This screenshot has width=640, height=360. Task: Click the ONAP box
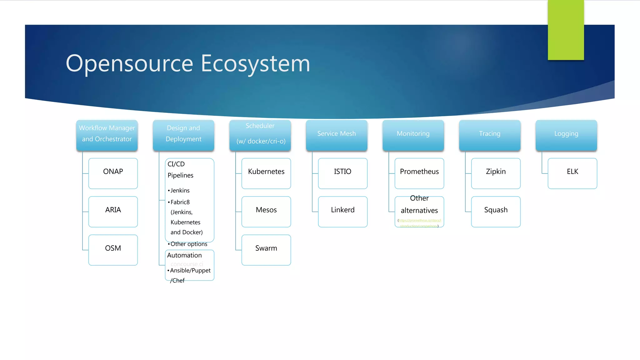pos(113,173)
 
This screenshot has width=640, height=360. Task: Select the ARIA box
pos(113,212)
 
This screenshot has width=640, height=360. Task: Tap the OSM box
pos(113,250)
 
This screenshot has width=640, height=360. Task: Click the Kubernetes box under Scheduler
pos(266,173)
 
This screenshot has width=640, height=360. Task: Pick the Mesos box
pos(266,212)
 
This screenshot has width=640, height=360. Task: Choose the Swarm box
pos(266,250)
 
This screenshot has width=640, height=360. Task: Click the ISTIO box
pos(342,173)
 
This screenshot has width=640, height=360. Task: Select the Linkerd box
pos(342,212)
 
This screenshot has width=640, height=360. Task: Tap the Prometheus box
pos(419,173)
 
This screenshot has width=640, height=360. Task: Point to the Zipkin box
pos(496,173)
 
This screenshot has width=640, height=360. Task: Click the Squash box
pos(496,212)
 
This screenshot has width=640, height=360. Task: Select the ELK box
pos(572,173)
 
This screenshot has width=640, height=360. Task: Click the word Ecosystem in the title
pos(255,63)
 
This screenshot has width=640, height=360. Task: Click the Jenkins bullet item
pos(180,190)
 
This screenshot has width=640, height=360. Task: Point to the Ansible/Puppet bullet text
pos(190,270)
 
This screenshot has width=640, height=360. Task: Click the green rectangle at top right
pos(566,30)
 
